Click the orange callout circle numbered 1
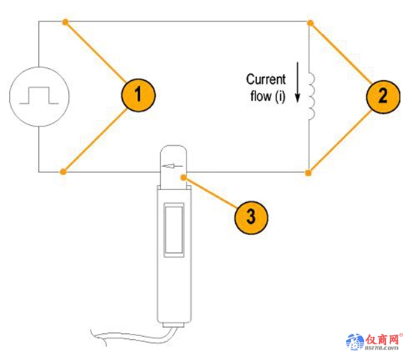click(139, 95)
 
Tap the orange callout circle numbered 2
click(383, 97)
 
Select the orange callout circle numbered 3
click(251, 218)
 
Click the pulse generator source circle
click(40, 97)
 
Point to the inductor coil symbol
click(312, 97)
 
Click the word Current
click(266, 79)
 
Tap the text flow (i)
click(267, 96)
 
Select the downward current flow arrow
click(297, 82)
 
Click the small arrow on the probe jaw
click(172, 166)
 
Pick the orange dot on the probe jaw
click(184, 178)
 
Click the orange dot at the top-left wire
click(65, 22)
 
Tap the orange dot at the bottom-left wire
click(64, 172)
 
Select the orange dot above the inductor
click(310, 23)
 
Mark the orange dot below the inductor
click(309, 173)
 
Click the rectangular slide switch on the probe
click(174, 230)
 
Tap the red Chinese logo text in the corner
click(382, 340)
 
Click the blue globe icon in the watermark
click(355, 341)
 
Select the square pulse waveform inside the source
click(39, 95)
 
